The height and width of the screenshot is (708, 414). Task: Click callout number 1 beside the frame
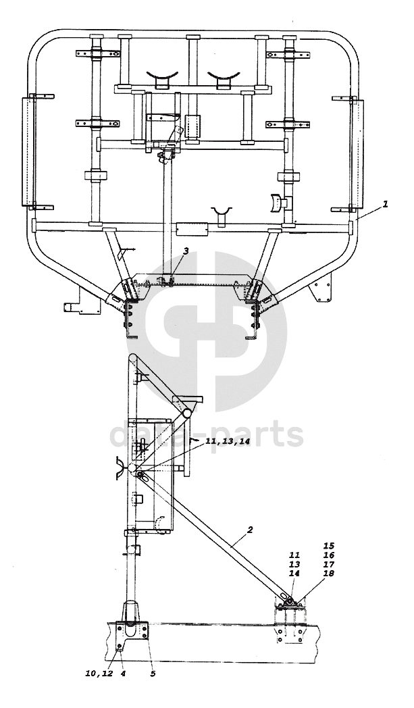385,204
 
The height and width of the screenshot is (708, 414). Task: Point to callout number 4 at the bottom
122,674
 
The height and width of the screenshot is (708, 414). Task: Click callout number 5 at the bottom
153,674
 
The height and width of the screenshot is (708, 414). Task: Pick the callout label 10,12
99,674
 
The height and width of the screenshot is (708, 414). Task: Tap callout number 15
328,545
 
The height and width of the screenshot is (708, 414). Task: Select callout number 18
328,573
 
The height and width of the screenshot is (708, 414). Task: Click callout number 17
328,564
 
